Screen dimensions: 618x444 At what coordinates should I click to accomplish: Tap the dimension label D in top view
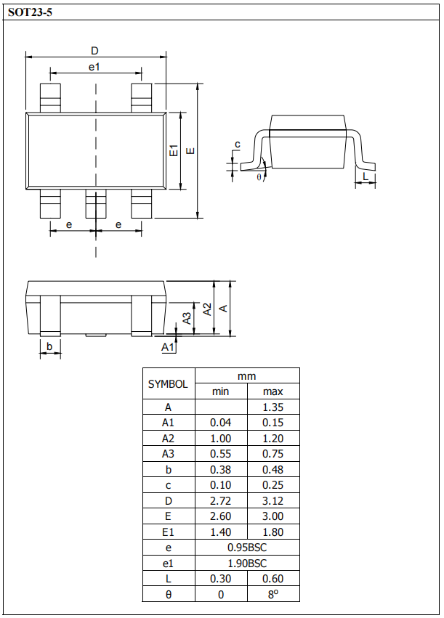[x=94, y=51]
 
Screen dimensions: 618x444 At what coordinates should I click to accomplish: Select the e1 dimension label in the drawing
[x=94, y=67]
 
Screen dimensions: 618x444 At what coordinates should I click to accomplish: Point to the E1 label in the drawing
[x=174, y=151]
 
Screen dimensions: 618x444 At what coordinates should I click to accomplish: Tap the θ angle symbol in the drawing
[x=259, y=175]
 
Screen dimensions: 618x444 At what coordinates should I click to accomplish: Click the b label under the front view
[x=49, y=346]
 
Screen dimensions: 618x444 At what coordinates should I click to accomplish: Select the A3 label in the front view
[x=187, y=317]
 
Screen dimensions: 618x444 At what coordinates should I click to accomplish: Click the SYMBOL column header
[x=168, y=384]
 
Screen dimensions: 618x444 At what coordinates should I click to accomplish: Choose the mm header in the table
[x=247, y=376]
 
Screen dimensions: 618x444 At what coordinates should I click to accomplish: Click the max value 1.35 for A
[x=273, y=407]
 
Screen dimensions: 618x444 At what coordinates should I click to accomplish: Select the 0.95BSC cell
[x=247, y=548]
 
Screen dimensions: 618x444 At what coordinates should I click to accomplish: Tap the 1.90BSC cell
[x=247, y=563]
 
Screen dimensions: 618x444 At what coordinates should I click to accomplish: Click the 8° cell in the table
[x=273, y=595]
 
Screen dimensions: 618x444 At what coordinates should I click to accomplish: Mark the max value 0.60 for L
[x=273, y=579]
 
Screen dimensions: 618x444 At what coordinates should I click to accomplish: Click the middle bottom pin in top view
[x=96, y=204]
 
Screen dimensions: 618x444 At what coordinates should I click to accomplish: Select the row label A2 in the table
[x=168, y=438]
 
